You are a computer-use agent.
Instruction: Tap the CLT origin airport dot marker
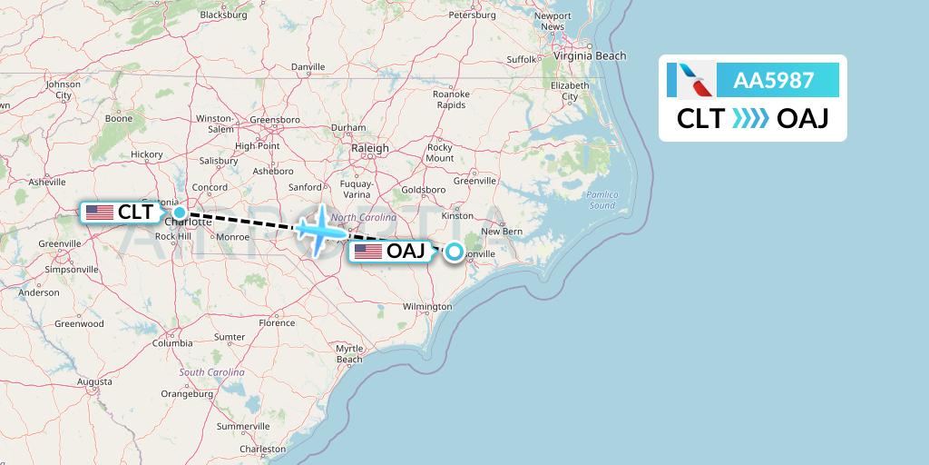(180, 212)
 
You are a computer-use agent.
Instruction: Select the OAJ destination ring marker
(453, 252)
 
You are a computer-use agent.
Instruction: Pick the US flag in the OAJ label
(367, 252)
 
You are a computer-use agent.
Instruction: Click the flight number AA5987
(773, 81)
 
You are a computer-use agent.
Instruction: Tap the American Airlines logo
(689, 81)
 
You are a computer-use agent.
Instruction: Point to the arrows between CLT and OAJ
(750, 119)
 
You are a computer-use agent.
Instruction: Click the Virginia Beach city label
(591, 56)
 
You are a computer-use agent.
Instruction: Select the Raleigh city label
(370, 148)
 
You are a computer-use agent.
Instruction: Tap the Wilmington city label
(427, 307)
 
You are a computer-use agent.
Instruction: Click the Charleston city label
(262, 450)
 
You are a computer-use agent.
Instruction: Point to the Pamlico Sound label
(601, 200)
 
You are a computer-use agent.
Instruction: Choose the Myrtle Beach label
(349, 353)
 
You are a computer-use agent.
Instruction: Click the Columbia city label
(171, 343)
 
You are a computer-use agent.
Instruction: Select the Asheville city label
(47, 182)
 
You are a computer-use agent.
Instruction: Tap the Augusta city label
(94, 382)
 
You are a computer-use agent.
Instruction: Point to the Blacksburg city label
(223, 15)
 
